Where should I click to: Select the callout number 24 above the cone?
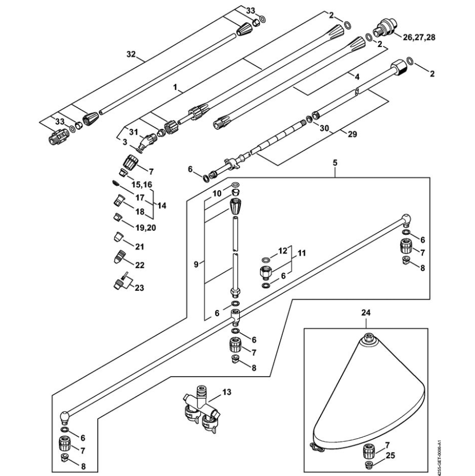point(366,312)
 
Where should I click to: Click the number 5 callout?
point(334,163)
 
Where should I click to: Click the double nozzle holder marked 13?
point(199,409)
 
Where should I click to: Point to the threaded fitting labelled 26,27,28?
point(386,27)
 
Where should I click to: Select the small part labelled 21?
point(118,239)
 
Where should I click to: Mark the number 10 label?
point(217,192)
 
